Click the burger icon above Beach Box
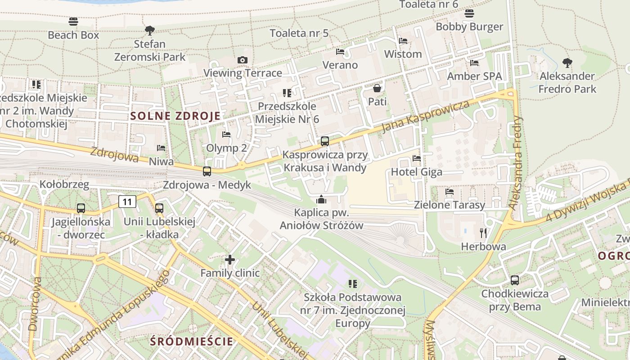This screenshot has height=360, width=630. [73, 21]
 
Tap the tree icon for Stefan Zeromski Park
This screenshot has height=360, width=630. [150, 31]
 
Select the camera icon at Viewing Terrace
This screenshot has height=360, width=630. [243, 60]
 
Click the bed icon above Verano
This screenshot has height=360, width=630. [340, 52]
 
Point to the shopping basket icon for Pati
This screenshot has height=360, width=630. [377, 88]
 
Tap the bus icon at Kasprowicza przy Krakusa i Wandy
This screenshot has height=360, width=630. [324, 141]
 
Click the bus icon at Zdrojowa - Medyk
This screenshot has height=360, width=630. [207, 171]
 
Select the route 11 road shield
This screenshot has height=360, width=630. [127, 202]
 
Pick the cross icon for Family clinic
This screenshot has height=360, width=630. [230, 260]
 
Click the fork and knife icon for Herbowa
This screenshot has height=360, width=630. [484, 233]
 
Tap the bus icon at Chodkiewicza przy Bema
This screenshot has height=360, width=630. [515, 280]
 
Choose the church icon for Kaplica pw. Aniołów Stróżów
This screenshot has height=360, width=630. [321, 198]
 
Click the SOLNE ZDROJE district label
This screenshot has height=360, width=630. [175, 116]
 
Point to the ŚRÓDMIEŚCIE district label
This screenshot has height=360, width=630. [192, 341]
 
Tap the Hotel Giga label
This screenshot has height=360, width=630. [416, 172]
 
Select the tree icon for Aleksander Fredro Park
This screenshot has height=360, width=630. [567, 63]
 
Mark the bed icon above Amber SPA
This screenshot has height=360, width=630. [474, 63]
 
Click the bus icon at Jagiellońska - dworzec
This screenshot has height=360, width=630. [81, 208]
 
